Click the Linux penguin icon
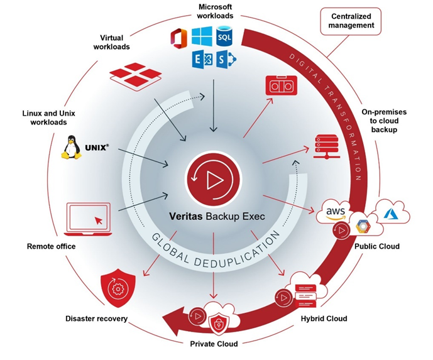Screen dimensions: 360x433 point(72,148)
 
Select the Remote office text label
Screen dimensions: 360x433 point(51,246)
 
